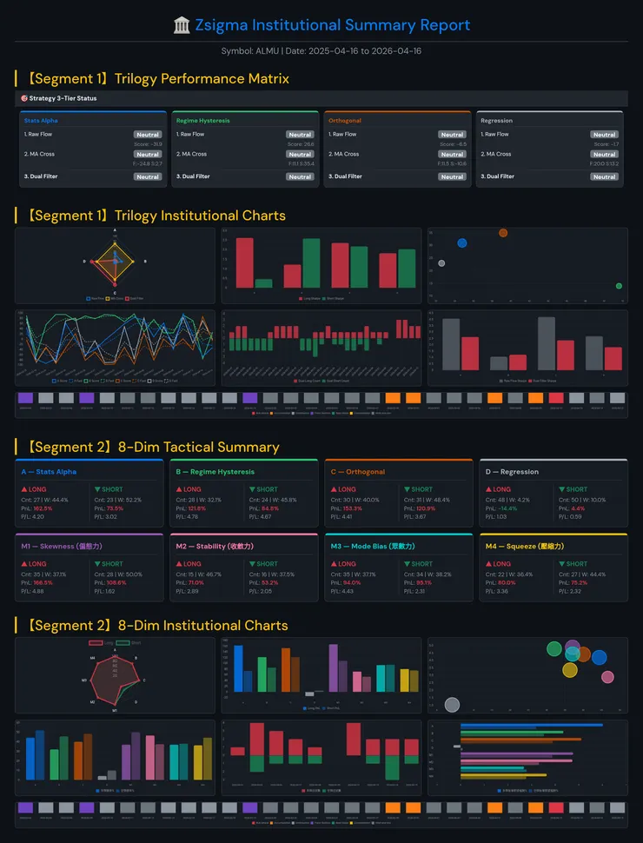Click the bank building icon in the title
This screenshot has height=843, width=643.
click(x=182, y=25)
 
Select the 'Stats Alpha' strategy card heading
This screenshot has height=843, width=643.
click(x=41, y=121)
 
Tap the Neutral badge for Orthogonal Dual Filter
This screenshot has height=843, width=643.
click(x=452, y=176)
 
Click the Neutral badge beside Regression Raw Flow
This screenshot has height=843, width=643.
click(x=604, y=135)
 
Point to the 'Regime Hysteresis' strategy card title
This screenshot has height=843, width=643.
click(x=202, y=121)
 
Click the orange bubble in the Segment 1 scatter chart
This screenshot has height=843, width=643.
click(x=503, y=233)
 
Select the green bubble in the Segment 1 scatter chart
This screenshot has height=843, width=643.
click(x=619, y=286)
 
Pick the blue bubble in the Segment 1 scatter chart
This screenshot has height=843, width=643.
click(x=461, y=243)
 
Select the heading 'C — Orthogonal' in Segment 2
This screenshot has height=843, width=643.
click(x=357, y=472)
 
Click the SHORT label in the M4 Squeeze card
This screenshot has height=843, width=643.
click(x=576, y=564)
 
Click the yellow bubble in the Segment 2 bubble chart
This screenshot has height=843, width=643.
click(x=569, y=670)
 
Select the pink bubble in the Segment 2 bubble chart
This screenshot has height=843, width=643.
click(x=607, y=677)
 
